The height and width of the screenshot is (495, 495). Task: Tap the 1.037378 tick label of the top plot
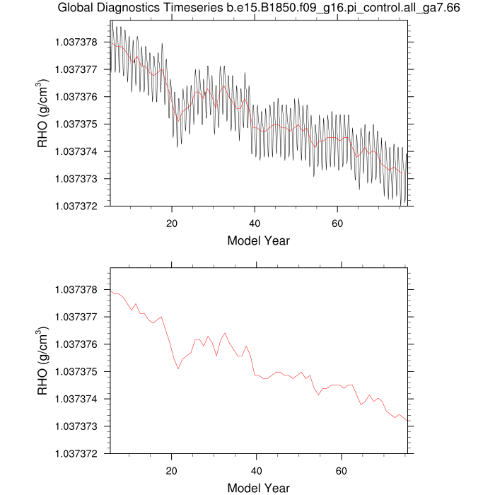tap(76, 42)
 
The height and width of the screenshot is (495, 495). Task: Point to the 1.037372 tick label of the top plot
tap(76, 206)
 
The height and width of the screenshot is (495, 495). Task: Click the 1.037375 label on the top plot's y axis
tap(76, 124)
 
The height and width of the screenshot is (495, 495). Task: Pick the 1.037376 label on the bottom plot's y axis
tap(76, 344)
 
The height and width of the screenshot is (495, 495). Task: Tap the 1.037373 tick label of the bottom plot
tap(76, 426)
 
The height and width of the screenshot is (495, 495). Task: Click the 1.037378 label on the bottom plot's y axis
tap(76, 289)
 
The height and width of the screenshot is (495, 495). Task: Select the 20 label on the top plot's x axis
tap(172, 223)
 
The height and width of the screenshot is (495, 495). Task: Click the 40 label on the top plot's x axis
tap(255, 223)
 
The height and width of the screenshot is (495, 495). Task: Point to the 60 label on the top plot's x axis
tap(337, 223)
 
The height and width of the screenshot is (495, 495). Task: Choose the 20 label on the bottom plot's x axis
tap(171, 471)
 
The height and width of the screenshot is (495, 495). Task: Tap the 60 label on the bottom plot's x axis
tap(342, 471)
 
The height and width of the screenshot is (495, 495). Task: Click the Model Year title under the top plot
tap(259, 241)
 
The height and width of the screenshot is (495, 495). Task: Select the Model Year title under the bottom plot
tap(259, 488)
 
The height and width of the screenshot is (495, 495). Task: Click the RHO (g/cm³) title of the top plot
tap(42, 113)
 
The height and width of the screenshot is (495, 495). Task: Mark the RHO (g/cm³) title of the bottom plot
tap(42, 361)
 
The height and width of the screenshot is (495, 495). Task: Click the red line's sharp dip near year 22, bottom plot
tap(178, 368)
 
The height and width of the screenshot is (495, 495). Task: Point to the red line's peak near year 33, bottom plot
tap(225, 333)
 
